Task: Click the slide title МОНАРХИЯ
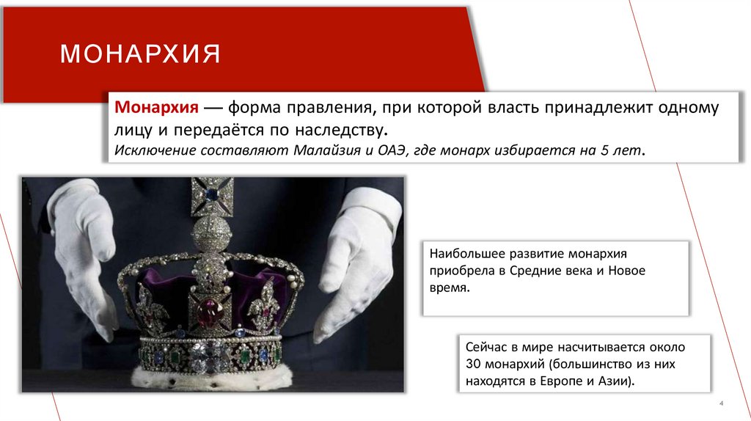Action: click(x=140, y=55)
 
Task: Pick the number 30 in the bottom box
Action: click(x=473, y=363)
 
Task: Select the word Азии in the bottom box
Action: click(x=615, y=381)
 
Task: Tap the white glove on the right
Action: click(x=359, y=257)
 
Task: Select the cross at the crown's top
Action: click(x=212, y=194)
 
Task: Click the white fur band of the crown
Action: click(x=213, y=378)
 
